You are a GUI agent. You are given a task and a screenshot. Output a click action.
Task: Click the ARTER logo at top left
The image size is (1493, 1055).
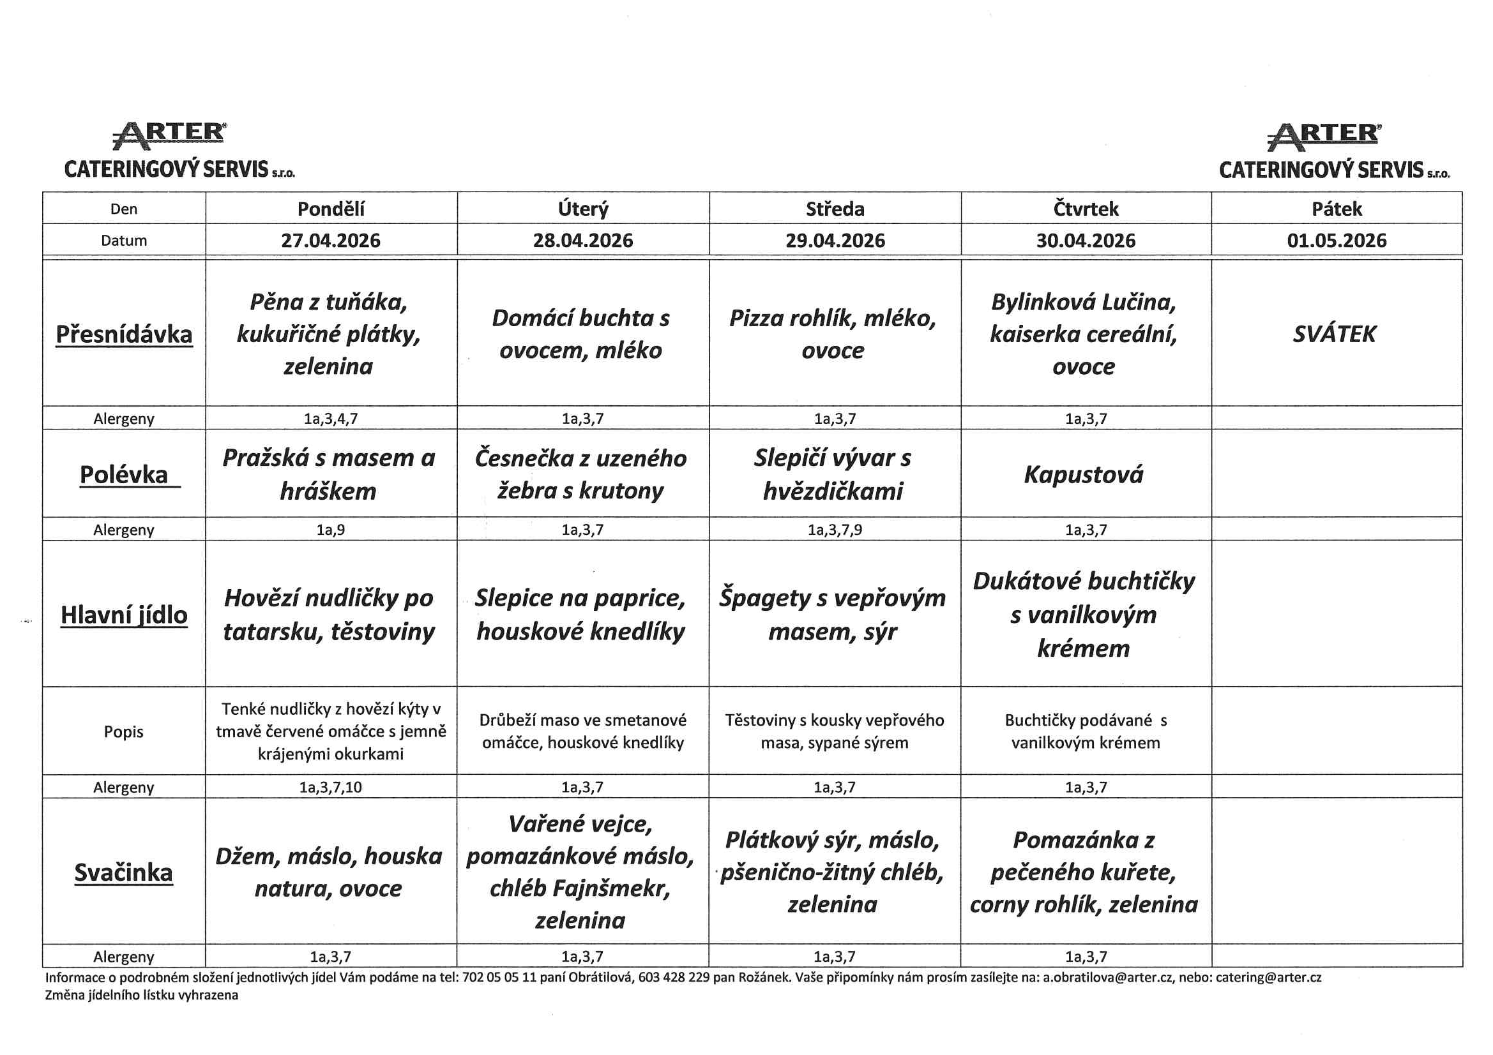[170, 135]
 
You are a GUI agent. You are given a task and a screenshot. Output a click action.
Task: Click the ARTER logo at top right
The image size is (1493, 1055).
[1324, 137]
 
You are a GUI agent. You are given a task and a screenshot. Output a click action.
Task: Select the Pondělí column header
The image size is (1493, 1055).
[331, 209]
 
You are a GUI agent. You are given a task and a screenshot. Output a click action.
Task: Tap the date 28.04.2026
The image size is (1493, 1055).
[582, 241]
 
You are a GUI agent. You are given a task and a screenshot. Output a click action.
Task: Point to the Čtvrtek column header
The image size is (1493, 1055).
[1086, 209]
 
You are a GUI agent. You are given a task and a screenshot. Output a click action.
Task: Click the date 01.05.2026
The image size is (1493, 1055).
[1337, 241]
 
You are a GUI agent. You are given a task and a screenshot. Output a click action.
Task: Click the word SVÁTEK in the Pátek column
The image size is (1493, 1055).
[1334, 334]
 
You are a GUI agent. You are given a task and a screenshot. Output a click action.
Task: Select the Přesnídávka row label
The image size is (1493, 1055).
[123, 334]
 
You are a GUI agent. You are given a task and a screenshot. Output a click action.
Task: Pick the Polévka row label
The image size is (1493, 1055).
[123, 474]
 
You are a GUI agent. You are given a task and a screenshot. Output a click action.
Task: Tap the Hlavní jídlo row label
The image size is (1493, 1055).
[123, 614]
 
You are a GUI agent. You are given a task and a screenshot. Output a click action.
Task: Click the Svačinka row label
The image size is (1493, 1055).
[123, 872]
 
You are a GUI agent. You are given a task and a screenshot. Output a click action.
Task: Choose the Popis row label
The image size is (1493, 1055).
[123, 731]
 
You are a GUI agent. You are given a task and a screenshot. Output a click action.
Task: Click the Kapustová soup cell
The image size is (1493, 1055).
[1083, 474]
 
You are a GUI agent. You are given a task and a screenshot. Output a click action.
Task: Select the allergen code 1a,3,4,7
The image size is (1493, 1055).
[331, 419]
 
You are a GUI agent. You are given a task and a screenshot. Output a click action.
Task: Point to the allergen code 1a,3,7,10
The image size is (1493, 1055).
[331, 787]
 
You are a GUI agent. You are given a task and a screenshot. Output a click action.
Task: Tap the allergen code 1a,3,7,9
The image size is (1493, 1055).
[834, 530]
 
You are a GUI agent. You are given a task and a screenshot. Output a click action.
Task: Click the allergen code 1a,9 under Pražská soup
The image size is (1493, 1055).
[331, 530]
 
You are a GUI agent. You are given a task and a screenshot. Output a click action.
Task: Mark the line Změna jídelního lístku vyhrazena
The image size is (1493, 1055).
[141, 994]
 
